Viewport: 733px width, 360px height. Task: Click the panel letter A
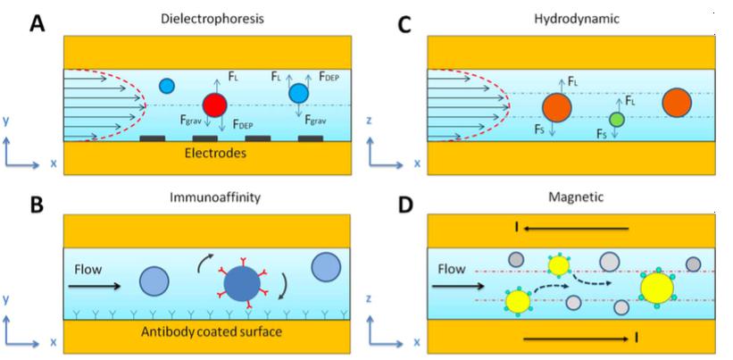[x=38, y=22]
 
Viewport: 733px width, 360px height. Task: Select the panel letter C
[x=404, y=24]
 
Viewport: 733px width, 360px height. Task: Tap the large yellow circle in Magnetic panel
[x=657, y=287]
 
